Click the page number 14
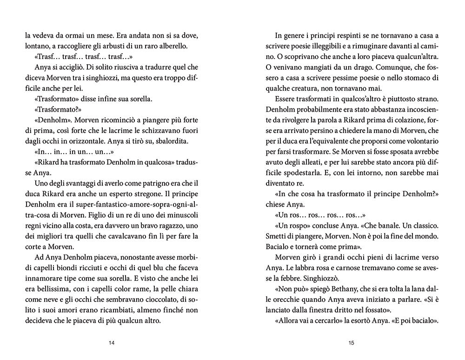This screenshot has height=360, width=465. (x=111, y=343)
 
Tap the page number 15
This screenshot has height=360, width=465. (x=351, y=343)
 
